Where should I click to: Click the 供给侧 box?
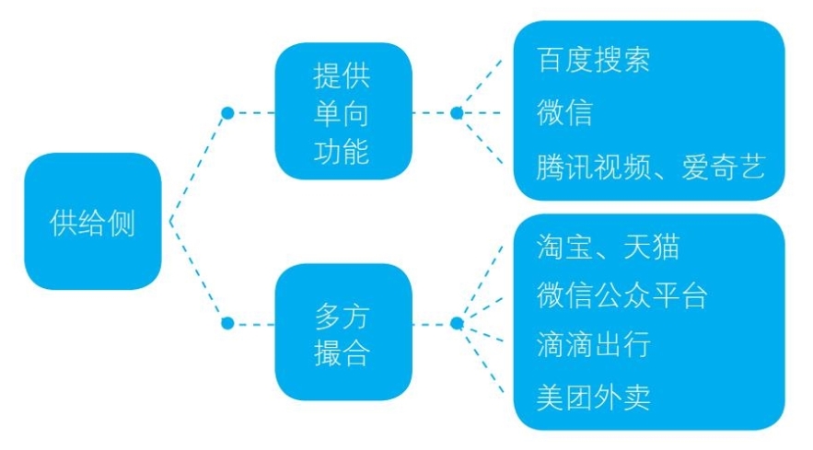pyautogui.click(x=92, y=222)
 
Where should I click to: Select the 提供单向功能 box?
pyautogui.click(x=343, y=111)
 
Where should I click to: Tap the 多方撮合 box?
pyautogui.click(x=343, y=332)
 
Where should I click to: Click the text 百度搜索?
pyautogui.click(x=593, y=60)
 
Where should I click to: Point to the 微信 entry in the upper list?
pyautogui.click(x=563, y=112)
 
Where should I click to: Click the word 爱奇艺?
pyautogui.click(x=724, y=167)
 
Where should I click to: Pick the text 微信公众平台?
pyautogui.click(x=622, y=295)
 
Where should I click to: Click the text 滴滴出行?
pyautogui.click(x=593, y=345)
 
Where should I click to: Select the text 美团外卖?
pyautogui.click(x=593, y=397)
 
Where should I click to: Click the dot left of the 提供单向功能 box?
pyautogui.click(x=226, y=113)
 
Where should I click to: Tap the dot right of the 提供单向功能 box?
pyautogui.click(x=456, y=113)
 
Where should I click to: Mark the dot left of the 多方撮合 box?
pyautogui.click(x=226, y=323)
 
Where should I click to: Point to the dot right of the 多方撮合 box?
pyautogui.click(x=456, y=323)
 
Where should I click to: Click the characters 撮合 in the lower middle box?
pyautogui.click(x=343, y=355)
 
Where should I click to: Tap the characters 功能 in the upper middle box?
pyautogui.click(x=343, y=150)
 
